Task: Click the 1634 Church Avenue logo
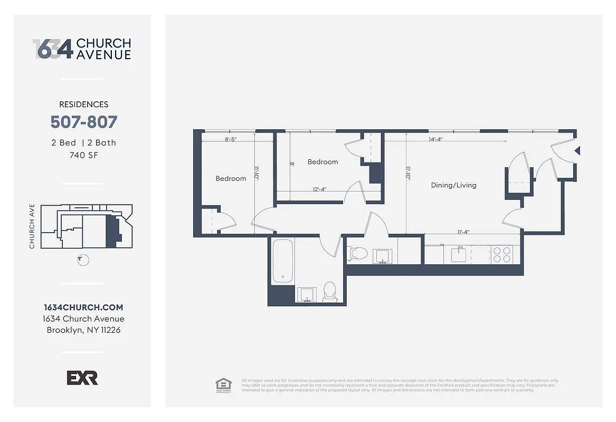[x=82, y=49]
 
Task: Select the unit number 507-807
[x=83, y=122]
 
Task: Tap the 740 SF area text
[x=83, y=155]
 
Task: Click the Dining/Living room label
[x=453, y=185]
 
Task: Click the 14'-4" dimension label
[x=436, y=140]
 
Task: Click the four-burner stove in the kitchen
[x=502, y=255]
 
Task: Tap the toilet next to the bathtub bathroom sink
[x=329, y=291]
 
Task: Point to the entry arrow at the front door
[x=577, y=151]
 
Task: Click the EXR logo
[x=82, y=378]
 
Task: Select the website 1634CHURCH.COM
[x=83, y=308]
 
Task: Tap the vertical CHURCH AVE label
[x=32, y=226]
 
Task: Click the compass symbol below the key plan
[x=83, y=260]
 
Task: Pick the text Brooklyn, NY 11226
[x=83, y=331]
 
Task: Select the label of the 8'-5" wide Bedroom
[x=231, y=179]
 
